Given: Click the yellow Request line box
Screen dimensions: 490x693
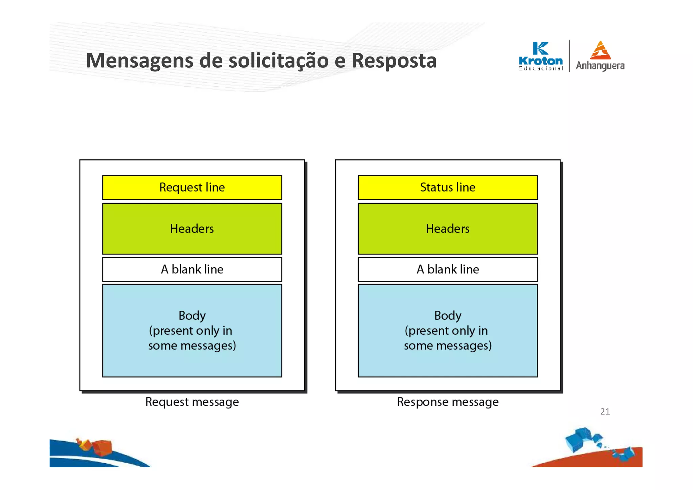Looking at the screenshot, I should pyautogui.click(x=192, y=187).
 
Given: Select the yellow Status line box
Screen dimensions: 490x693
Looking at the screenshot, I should pyautogui.click(x=447, y=187).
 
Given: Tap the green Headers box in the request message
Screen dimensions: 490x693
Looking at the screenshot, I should pyautogui.click(x=192, y=229).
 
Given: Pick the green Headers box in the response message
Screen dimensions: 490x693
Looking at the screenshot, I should pyautogui.click(x=447, y=229).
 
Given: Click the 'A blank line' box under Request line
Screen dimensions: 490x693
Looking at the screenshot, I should pyautogui.click(x=192, y=269).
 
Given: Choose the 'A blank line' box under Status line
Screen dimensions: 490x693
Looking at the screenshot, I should pyautogui.click(x=447, y=269).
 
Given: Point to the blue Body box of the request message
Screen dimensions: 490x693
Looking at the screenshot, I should pyautogui.click(x=192, y=330).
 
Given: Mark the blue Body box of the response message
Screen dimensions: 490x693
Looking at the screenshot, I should pyautogui.click(x=447, y=330).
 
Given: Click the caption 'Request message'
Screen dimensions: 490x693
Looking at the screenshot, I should pyautogui.click(x=192, y=402).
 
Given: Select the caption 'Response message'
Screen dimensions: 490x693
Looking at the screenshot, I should pyautogui.click(x=447, y=402).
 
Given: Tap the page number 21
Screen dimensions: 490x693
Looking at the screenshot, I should pyautogui.click(x=605, y=411).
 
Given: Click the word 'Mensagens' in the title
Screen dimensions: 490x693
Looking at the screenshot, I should pyautogui.click(x=139, y=61).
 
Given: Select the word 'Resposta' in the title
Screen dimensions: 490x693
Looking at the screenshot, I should pyautogui.click(x=394, y=61).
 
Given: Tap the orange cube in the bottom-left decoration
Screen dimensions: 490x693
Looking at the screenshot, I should pyautogui.click(x=102, y=447).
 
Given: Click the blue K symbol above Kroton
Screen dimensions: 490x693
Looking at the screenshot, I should pyautogui.click(x=540, y=48).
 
